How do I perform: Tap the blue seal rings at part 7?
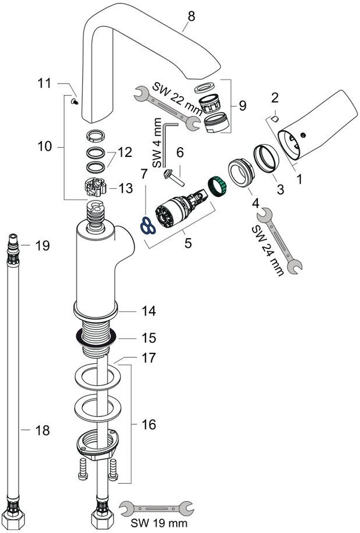(147, 225)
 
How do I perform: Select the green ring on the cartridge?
(216, 186)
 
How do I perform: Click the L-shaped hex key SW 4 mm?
(167, 143)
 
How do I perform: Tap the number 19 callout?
(42, 246)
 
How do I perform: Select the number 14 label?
(149, 311)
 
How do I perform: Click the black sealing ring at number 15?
(94, 335)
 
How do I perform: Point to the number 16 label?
(148, 425)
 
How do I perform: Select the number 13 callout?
(126, 188)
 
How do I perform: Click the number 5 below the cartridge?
(188, 243)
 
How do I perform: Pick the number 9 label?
(242, 106)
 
